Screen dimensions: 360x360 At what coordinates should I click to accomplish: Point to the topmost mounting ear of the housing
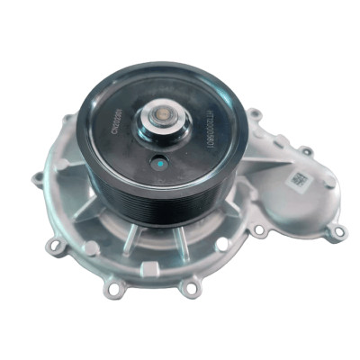[x=256, y=114]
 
